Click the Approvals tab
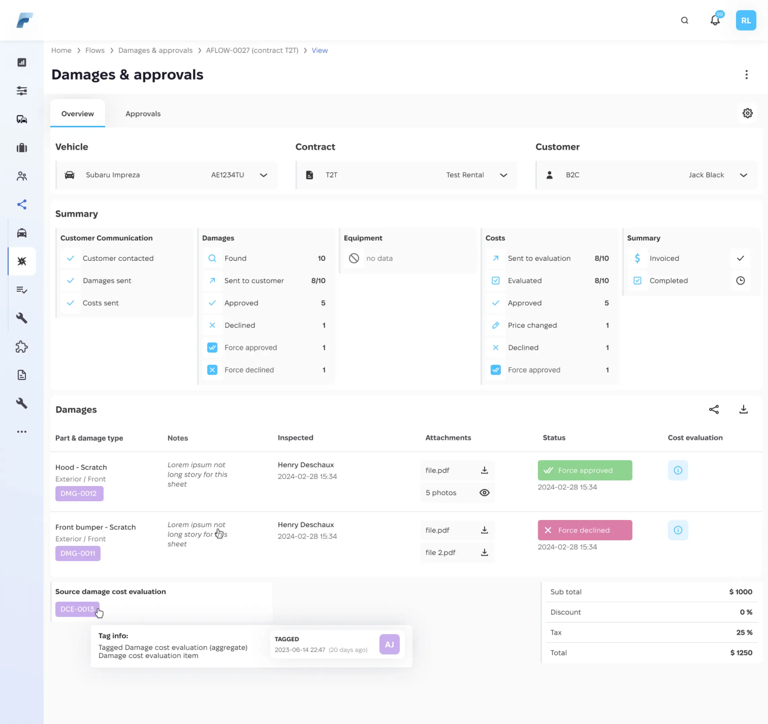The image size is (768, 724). point(143,114)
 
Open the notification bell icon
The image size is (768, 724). point(715,21)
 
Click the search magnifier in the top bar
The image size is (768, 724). point(684,21)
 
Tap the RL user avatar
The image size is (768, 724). point(745,21)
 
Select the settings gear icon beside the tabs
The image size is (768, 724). point(747,113)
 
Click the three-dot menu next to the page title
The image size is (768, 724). point(746,74)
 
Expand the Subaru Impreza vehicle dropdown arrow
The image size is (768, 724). point(263,175)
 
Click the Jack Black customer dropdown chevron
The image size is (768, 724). point(743,175)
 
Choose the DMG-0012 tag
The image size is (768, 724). point(79,494)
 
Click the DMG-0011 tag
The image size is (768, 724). point(78,553)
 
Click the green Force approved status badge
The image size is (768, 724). point(584,470)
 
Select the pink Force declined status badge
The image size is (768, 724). point(584,530)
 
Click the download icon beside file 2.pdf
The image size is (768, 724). point(484,553)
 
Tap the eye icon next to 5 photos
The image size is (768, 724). point(484,493)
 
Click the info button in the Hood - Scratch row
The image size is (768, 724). point(678,470)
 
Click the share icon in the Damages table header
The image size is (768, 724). point(713,409)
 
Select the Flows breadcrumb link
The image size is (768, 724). point(95,50)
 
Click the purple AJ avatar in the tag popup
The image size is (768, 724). point(389,645)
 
